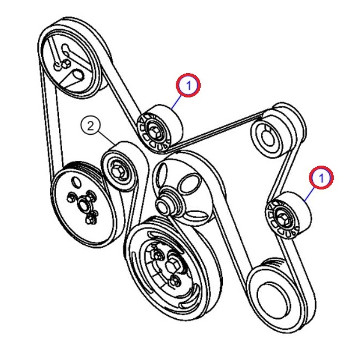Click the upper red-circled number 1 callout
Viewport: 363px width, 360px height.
[x=188, y=85]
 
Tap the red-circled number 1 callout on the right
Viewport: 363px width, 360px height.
[x=321, y=178]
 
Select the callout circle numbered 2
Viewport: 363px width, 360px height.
[x=91, y=126]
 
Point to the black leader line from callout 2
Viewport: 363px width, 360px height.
[x=107, y=138]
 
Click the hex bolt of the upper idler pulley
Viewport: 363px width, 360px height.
[x=153, y=132]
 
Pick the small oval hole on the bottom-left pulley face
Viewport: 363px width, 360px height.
[x=76, y=182]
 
